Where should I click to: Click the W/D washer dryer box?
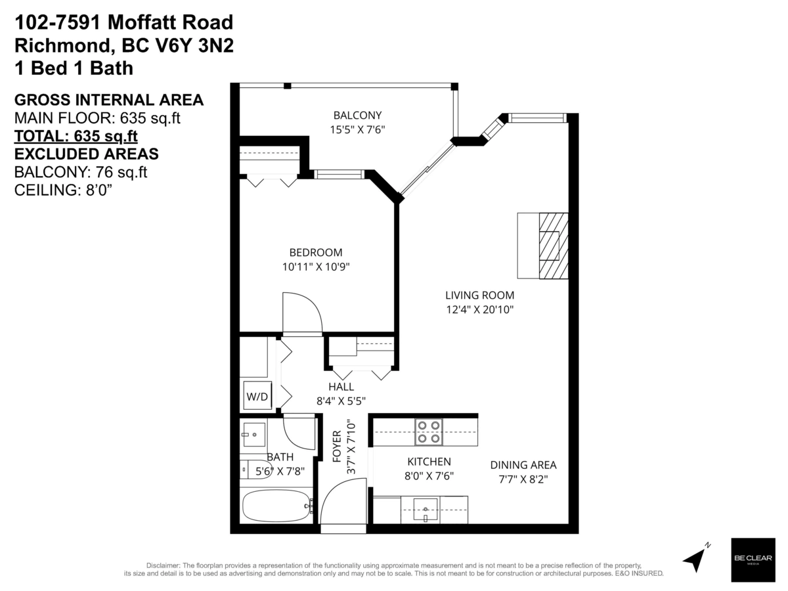click(257, 397)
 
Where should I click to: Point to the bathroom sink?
click(253, 434)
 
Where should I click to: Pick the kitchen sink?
click(426, 508)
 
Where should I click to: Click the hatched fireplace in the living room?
click(552, 246)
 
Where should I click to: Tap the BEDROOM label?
click(316, 252)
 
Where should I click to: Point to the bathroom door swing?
click(299, 432)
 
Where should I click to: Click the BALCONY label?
click(357, 116)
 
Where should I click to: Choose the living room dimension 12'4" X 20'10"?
click(479, 309)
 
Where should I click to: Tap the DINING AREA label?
click(523, 465)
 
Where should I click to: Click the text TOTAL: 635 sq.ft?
click(76, 137)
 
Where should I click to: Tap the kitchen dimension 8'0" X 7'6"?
click(429, 475)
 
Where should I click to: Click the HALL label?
click(341, 387)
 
